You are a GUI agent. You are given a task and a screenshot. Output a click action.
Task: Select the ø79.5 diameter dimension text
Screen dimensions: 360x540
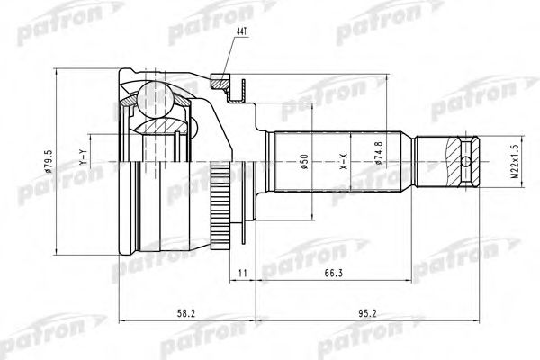tap(59, 165)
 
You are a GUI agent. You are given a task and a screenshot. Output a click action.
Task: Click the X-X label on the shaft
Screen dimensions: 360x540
tap(343, 164)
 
